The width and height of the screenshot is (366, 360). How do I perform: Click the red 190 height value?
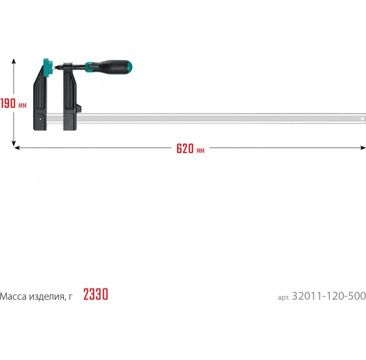[8, 104]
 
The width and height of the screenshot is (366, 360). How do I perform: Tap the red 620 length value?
[185, 149]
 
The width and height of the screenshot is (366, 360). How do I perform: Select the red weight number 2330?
[96, 294]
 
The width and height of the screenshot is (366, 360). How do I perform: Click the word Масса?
[13, 297]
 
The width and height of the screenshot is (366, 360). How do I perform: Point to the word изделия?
[47, 297]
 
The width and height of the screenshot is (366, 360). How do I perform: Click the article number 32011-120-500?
[329, 296]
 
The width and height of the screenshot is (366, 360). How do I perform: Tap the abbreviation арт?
[284, 298]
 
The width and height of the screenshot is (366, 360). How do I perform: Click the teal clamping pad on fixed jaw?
[48, 67]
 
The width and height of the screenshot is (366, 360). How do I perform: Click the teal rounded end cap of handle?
[130, 67]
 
